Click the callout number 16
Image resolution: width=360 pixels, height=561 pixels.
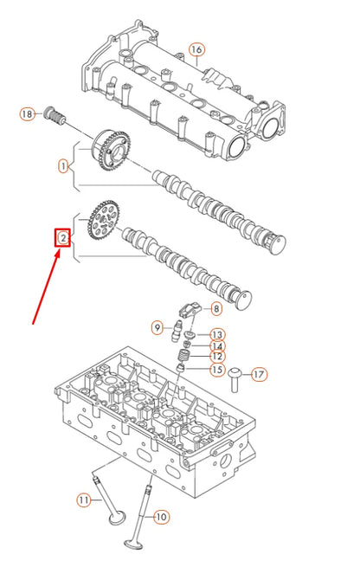coord(196,49)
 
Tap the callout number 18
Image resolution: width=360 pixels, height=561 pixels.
coord(26,113)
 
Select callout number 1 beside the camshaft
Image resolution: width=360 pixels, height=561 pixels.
coord(63,164)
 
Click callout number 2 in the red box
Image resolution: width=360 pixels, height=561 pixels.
coord(62,237)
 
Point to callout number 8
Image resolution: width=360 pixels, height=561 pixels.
coord(215,307)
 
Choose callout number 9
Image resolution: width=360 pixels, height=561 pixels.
coord(157,327)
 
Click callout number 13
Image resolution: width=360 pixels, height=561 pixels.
coord(216,334)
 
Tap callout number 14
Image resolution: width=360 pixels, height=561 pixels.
coord(216,346)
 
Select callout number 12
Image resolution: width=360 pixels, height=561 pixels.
coord(216,357)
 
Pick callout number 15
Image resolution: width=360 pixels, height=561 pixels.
coord(216,371)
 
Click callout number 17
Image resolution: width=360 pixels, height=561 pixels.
coord(260,374)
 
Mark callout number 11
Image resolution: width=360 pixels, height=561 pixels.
coord(83,500)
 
